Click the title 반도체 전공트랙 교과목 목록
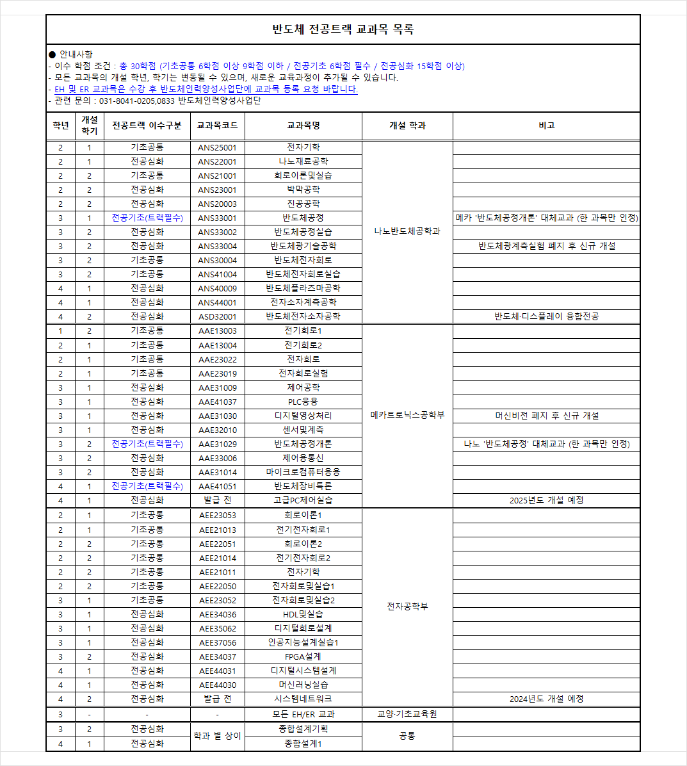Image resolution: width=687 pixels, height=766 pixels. [x=343, y=29]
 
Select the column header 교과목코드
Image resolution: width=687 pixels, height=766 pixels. [x=217, y=126]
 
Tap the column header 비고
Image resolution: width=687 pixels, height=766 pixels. [x=546, y=126]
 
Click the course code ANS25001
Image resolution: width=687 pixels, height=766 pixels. [x=217, y=147]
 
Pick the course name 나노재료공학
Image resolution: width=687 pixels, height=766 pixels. [x=303, y=161]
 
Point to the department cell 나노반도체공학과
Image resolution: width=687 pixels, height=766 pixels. [x=407, y=231]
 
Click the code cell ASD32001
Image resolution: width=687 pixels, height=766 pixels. [x=217, y=316]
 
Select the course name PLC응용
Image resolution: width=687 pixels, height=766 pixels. [x=303, y=402]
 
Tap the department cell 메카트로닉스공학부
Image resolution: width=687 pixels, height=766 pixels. [x=407, y=415]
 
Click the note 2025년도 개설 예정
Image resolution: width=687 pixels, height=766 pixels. [x=546, y=500]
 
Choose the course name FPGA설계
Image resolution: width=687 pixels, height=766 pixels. [x=303, y=656]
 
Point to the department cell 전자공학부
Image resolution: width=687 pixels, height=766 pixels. [x=407, y=607]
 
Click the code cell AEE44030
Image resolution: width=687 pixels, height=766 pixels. [x=217, y=685]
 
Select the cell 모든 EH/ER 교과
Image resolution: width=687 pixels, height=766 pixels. [x=303, y=714]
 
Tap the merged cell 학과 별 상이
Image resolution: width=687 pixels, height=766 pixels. [x=217, y=736]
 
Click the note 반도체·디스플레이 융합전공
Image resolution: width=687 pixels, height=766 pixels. [x=546, y=316]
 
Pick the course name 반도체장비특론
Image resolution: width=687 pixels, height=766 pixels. [x=303, y=486]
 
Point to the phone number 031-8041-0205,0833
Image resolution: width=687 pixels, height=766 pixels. [x=138, y=101]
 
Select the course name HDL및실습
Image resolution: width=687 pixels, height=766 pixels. [x=303, y=614]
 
